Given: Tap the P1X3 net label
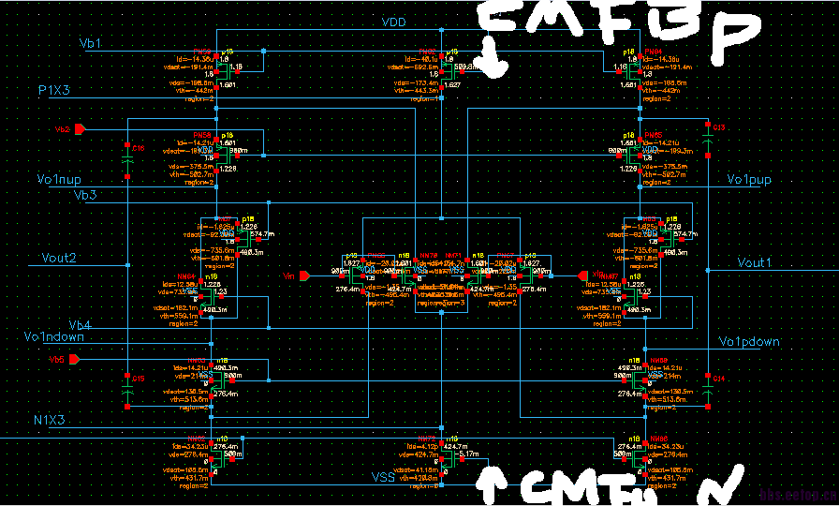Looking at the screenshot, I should (x=61, y=89).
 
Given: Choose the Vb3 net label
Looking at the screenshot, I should (x=85, y=195).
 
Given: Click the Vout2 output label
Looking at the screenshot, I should (x=59, y=258).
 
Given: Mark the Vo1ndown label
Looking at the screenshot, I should (x=54, y=337).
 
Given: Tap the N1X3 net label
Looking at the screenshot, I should (x=49, y=420).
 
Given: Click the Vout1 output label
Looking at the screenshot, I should (x=759, y=262).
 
